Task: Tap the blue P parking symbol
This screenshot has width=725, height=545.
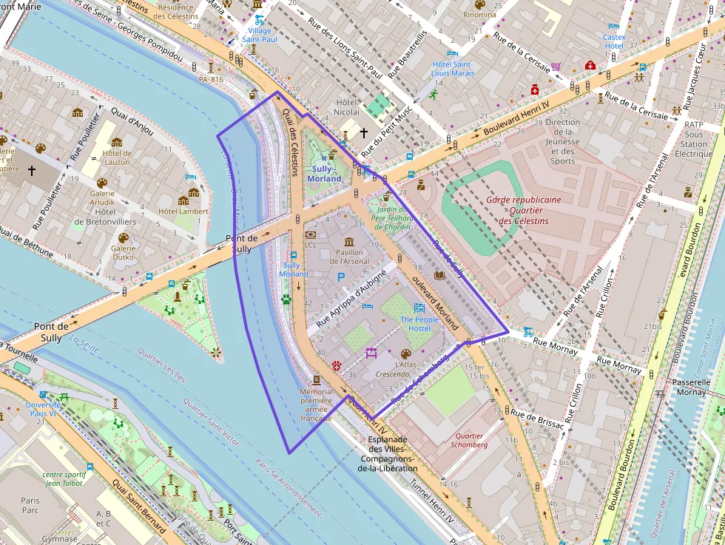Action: pyautogui.click(x=341, y=277)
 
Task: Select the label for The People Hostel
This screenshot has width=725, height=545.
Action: pyautogui.click(x=419, y=323)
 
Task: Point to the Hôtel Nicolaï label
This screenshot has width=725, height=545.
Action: pyautogui.click(x=346, y=106)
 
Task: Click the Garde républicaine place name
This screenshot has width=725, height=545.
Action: pyautogui.click(x=523, y=200)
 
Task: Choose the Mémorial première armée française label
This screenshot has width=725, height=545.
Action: pyautogui.click(x=316, y=404)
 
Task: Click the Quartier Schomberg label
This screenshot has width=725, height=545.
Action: pyautogui.click(x=470, y=440)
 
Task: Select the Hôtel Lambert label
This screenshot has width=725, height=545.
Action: pyautogui.click(x=183, y=211)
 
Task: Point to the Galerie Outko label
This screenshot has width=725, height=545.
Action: pyautogui.click(x=123, y=253)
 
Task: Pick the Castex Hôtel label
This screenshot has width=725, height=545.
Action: pyautogui.click(x=614, y=41)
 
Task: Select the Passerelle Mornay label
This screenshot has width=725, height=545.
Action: pyautogui.click(x=690, y=387)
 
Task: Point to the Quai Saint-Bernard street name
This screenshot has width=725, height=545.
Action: pyautogui.click(x=138, y=507)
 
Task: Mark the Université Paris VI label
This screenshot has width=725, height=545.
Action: pyautogui.click(x=43, y=410)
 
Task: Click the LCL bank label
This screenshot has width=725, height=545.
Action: pyautogui.click(x=311, y=245)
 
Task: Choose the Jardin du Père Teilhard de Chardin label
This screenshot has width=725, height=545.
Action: pyautogui.click(x=392, y=217)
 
